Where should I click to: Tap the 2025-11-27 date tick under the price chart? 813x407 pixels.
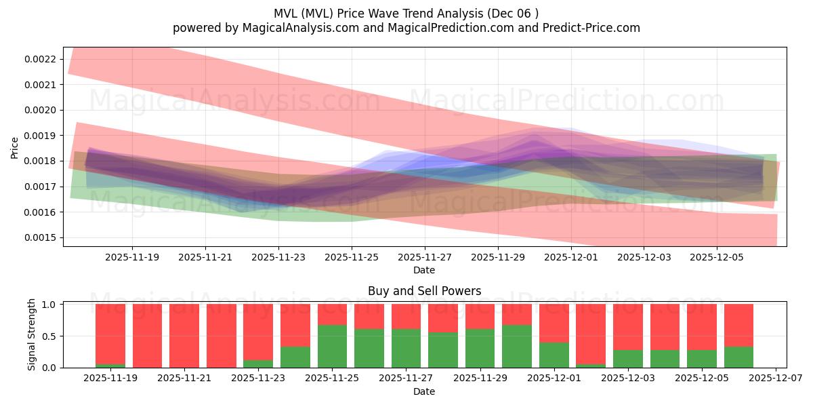[x=424, y=258]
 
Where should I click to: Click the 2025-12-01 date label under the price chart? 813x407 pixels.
[x=570, y=258]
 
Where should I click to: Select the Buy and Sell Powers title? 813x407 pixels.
[x=424, y=291]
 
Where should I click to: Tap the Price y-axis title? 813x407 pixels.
[x=14, y=147]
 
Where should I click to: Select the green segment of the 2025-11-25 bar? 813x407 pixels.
[x=332, y=347]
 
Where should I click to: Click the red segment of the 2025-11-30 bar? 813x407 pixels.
[x=517, y=315]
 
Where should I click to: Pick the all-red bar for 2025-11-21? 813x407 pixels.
[x=184, y=336]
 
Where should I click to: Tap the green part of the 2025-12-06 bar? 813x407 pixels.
[x=738, y=357]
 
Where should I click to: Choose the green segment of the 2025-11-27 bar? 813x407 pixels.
[x=406, y=348]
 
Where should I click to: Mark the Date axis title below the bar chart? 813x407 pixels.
[x=424, y=391]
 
